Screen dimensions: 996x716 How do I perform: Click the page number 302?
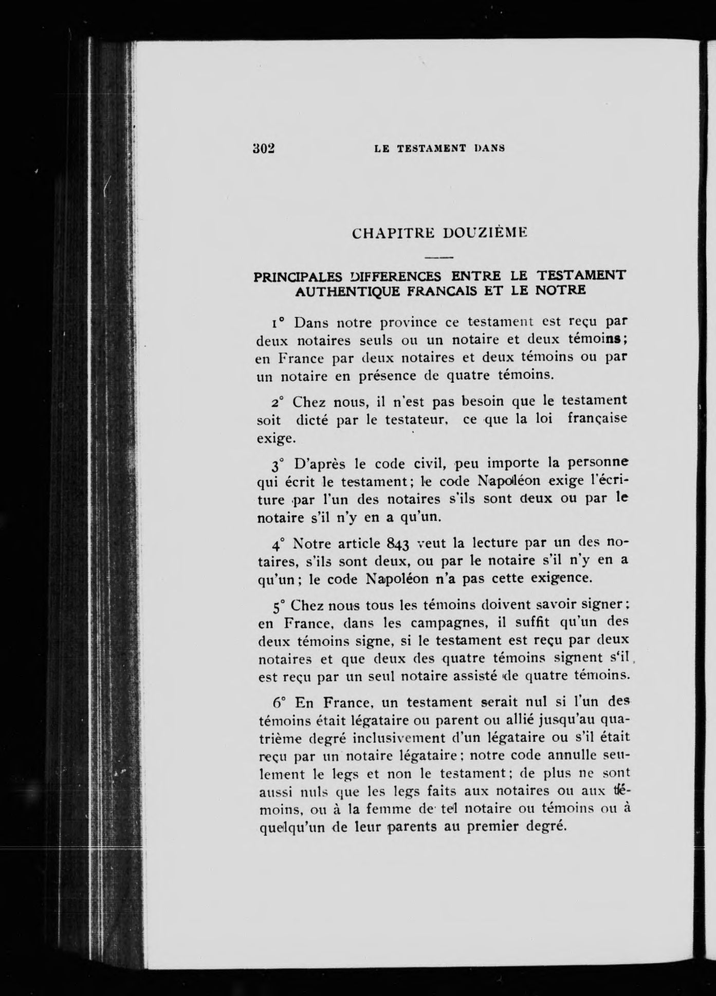(265, 148)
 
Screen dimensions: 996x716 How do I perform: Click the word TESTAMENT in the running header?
(433, 148)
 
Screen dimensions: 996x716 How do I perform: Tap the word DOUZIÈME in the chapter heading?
(486, 233)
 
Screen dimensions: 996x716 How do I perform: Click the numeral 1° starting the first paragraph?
(278, 324)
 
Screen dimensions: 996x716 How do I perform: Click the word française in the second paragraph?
(597, 418)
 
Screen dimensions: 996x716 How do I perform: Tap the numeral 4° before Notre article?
(278, 544)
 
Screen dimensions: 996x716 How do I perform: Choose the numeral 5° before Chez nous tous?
(278, 606)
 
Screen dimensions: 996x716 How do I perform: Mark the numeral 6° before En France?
(279, 702)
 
